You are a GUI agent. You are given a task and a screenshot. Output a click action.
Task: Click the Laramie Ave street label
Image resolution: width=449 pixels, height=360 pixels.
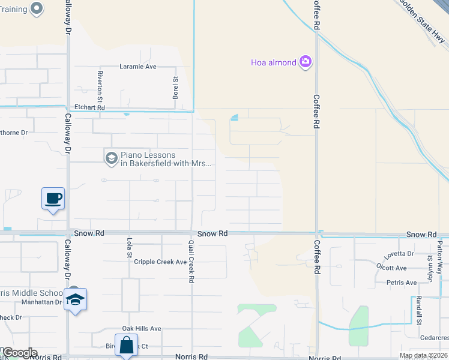(138, 67)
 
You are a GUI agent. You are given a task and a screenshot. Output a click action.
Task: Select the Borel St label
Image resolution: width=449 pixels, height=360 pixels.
(176, 88)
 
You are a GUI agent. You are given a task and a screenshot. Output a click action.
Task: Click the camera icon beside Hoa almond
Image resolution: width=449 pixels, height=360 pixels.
(306, 62)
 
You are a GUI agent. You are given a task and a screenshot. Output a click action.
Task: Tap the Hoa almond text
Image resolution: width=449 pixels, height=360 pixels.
(274, 62)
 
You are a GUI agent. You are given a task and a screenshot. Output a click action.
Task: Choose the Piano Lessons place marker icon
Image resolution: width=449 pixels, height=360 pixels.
(111, 158)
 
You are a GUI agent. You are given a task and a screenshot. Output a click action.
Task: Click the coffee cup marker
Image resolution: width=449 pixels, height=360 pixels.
(53, 198)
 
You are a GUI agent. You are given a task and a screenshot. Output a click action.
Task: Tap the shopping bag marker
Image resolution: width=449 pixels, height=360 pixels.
(127, 346)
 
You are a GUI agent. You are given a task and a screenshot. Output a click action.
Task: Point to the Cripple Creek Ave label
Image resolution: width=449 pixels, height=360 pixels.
(160, 262)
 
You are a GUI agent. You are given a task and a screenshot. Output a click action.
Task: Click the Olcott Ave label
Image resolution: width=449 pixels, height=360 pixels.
(392, 268)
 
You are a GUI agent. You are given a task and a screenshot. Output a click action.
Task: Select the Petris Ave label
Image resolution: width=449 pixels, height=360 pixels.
(402, 283)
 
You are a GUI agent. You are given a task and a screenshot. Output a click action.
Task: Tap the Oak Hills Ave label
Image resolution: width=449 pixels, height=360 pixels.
(142, 329)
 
